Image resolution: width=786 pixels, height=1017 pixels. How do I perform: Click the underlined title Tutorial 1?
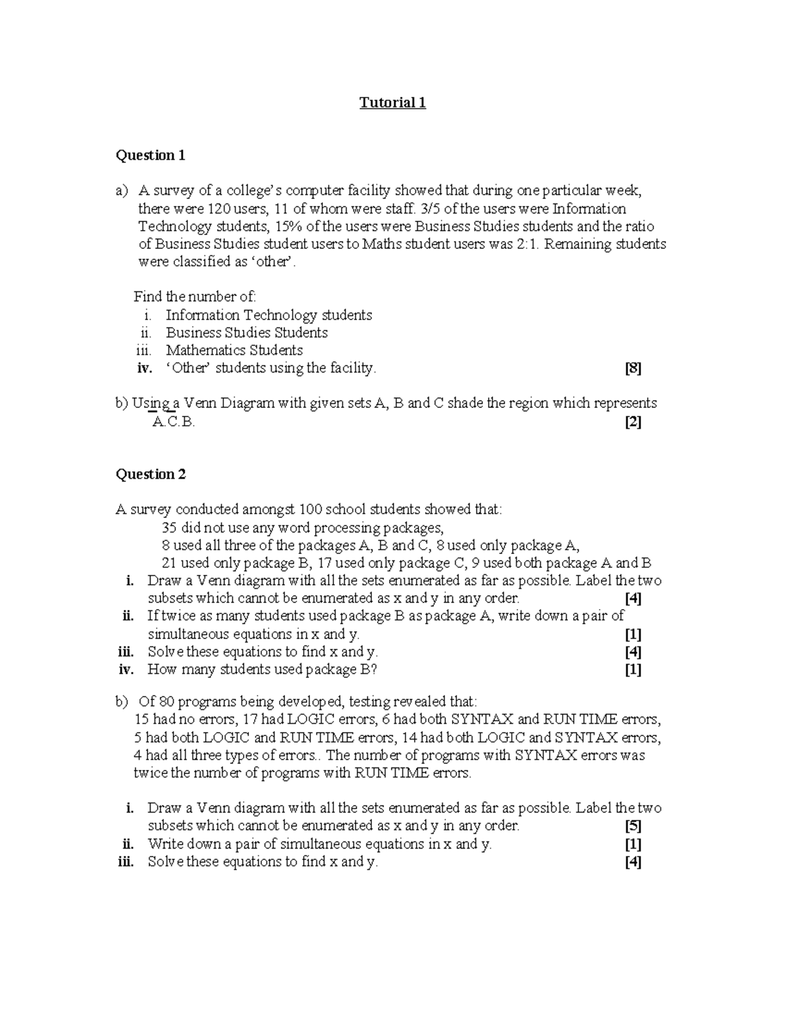[x=392, y=103]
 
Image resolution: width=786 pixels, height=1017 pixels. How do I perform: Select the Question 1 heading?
[x=150, y=155]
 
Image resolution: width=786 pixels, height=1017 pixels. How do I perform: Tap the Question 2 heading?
[x=151, y=474]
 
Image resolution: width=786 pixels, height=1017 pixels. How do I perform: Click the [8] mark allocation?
[x=633, y=369]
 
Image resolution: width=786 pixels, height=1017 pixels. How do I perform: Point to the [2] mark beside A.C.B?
[x=633, y=422]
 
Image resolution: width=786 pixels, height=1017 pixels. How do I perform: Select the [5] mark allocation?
[x=633, y=826]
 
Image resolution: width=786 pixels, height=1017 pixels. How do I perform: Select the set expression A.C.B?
[x=173, y=422]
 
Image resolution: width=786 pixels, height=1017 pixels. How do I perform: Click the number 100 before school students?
[x=310, y=509]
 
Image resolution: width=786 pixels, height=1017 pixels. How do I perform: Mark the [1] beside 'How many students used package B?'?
[x=633, y=669]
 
